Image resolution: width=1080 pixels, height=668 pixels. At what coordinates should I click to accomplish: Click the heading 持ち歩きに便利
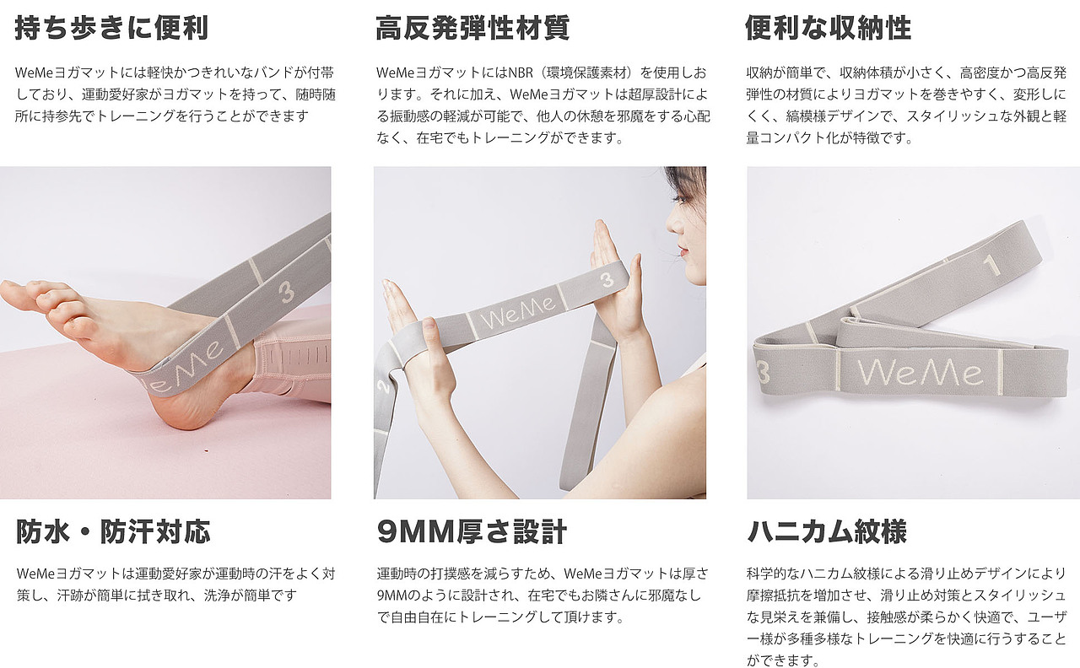pyautogui.click(x=111, y=28)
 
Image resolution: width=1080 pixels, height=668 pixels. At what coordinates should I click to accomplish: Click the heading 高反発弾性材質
pyautogui.click(x=472, y=28)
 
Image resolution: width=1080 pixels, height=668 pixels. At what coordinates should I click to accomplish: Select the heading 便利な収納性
pyautogui.click(x=828, y=28)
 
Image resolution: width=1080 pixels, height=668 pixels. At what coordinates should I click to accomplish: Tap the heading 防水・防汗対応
pyautogui.click(x=113, y=531)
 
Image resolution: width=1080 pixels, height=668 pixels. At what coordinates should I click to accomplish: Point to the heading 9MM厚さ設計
pyautogui.click(x=472, y=531)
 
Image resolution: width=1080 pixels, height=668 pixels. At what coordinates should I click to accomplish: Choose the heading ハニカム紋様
pyautogui.click(x=827, y=531)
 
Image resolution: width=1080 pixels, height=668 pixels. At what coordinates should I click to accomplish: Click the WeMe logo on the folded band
pyautogui.click(x=920, y=371)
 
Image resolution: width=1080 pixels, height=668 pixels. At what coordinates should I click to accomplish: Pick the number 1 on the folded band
pyautogui.click(x=992, y=267)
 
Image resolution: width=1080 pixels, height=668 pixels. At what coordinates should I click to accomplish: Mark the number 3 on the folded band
pyautogui.click(x=763, y=371)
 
